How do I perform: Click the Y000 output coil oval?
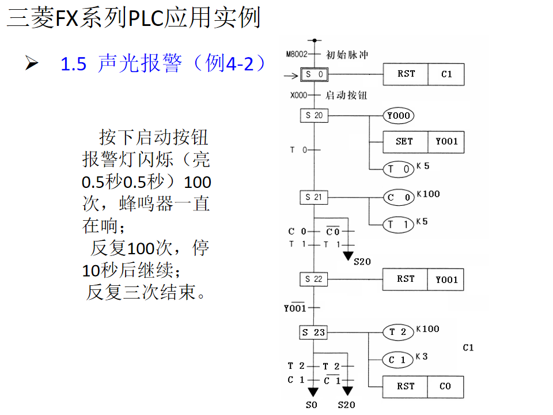(x=399, y=116)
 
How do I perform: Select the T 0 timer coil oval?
(x=399, y=169)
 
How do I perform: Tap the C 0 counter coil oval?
(x=399, y=198)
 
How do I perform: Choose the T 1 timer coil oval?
(x=399, y=225)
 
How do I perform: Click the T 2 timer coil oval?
(x=399, y=332)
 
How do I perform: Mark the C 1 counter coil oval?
(x=399, y=360)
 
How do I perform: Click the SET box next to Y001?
(x=405, y=142)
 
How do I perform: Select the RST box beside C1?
(x=406, y=74)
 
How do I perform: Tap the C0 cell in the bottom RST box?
(x=445, y=386)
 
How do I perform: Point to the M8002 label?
(x=297, y=55)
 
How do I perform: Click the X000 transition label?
(x=298, y=96)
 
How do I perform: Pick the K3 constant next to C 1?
(x=422, y=357)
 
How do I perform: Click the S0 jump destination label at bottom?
(x=312, y=405)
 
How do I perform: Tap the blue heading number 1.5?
(x=73, y=64)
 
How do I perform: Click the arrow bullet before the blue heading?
(x=31, y=63)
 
